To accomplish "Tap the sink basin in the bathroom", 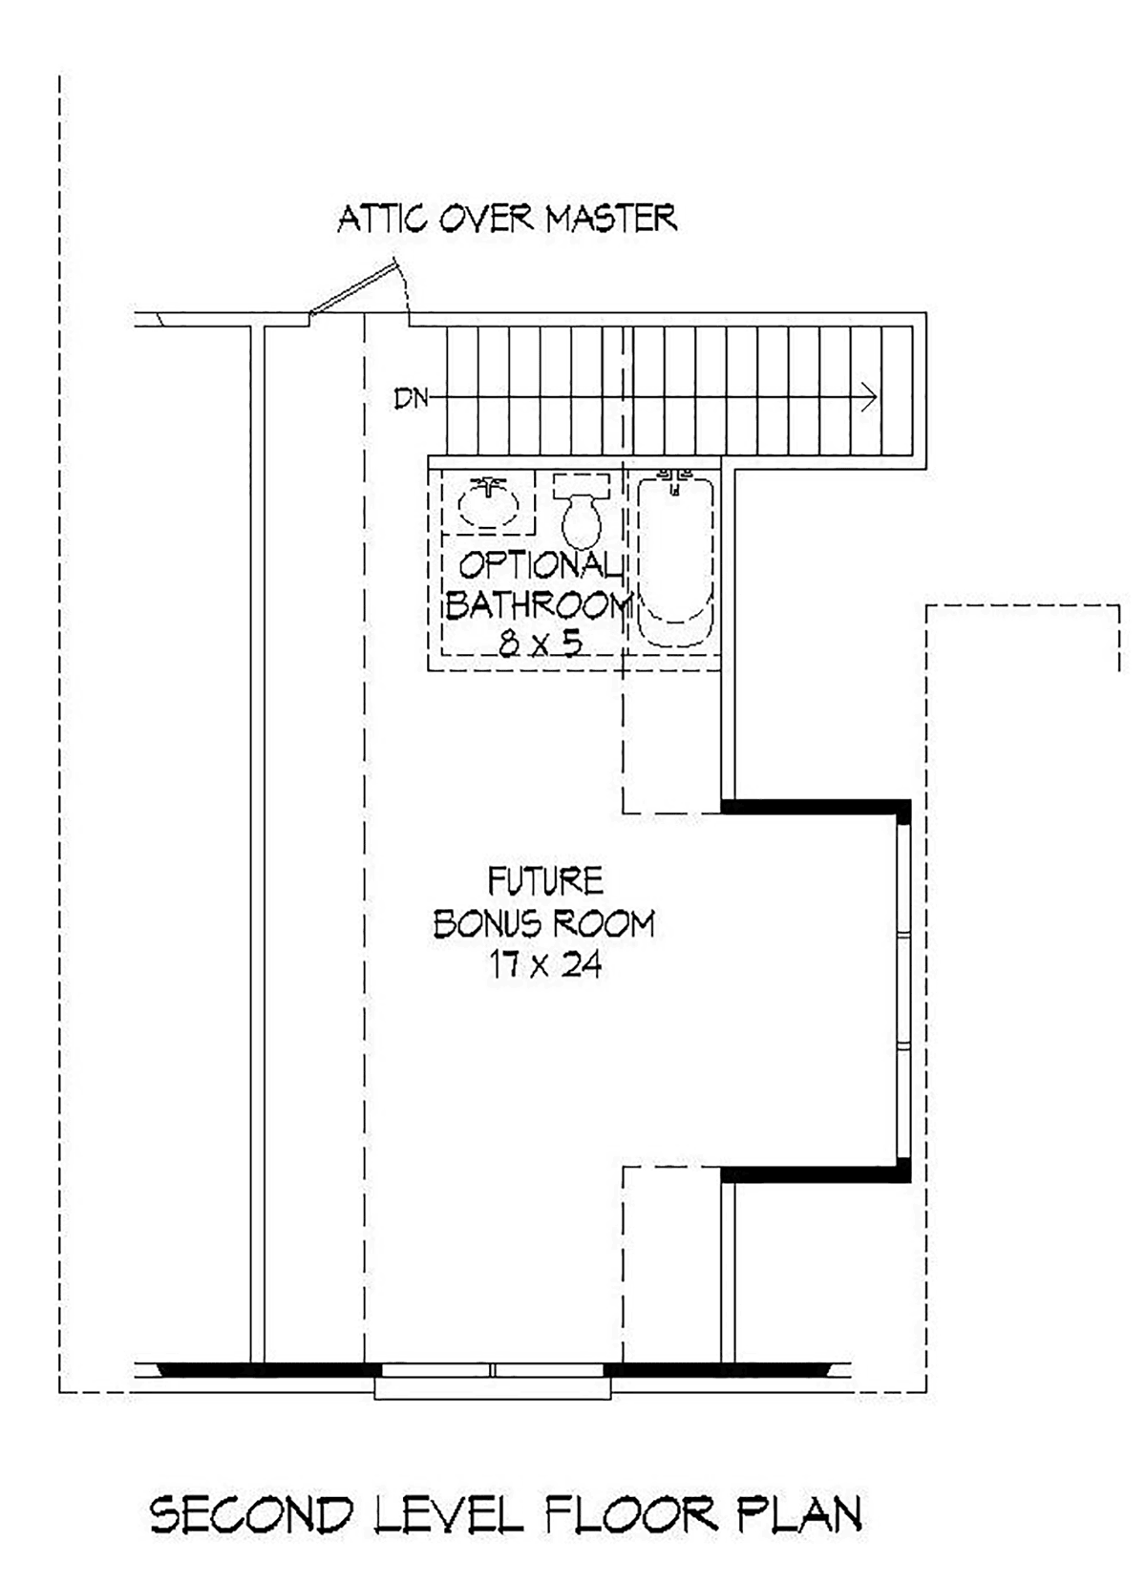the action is coord(488,504).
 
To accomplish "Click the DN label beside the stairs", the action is coord(411,399).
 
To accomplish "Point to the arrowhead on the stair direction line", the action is coord(870,396).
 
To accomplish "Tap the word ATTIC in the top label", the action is coord(382,219).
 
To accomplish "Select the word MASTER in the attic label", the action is coord(611,218).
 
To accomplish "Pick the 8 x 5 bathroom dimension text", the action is coord(541,643).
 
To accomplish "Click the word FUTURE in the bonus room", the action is coord(545,881).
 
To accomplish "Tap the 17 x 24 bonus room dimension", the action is coord(545,964).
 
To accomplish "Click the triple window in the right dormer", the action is coord(902,990).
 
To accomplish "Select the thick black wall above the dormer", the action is coord(816,807).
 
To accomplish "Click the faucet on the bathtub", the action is coord(675,478).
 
